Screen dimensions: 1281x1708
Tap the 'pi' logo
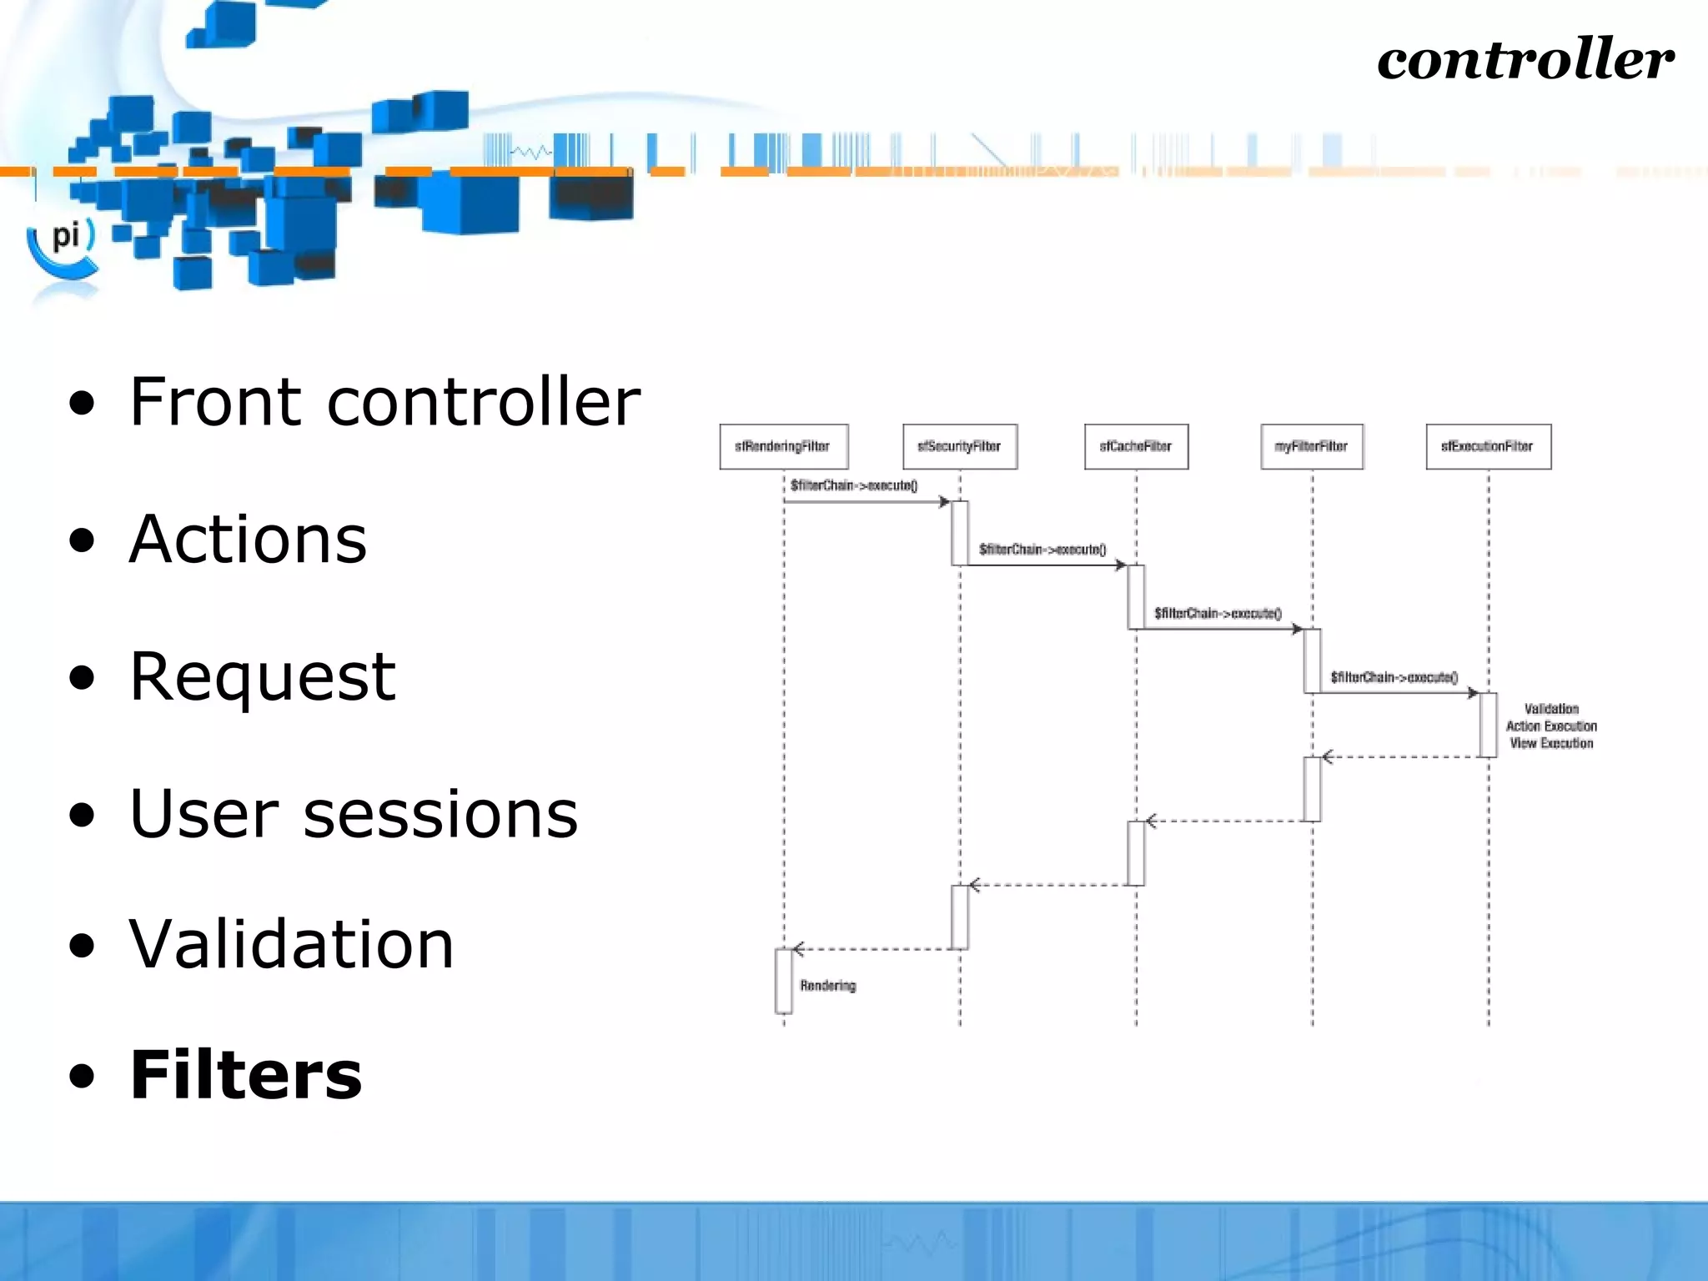tap(65, 238)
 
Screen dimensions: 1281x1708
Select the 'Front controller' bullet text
tap(384, 402)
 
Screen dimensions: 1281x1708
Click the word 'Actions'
tap(248, 540)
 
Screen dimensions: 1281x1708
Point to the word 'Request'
tap(263, 676)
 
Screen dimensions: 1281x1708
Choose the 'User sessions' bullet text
tap(354, 814)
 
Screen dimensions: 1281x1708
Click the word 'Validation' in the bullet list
tap(291, 944)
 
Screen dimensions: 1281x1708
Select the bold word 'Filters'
tap(246, 1075)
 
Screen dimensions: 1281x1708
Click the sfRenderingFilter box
tap(783, 447)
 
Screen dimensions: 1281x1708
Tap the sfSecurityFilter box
tap(960, 447)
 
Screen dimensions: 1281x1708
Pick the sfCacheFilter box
tap(1136, 447)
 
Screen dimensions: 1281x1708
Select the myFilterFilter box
tap(1312, 447)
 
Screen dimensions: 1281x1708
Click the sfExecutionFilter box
tap(1488, 447)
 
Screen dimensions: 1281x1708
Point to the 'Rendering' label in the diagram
tap(827, 986)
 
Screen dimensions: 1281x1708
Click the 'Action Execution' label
tap(1551, 726)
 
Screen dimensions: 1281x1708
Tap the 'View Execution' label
tap(1551, 743)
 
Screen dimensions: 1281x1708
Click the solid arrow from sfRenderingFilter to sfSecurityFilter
tap(867, 502)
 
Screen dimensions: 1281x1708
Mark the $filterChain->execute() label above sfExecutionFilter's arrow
tap(1394, 677)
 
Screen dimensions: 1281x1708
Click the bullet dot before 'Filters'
tap(82, 1077)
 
